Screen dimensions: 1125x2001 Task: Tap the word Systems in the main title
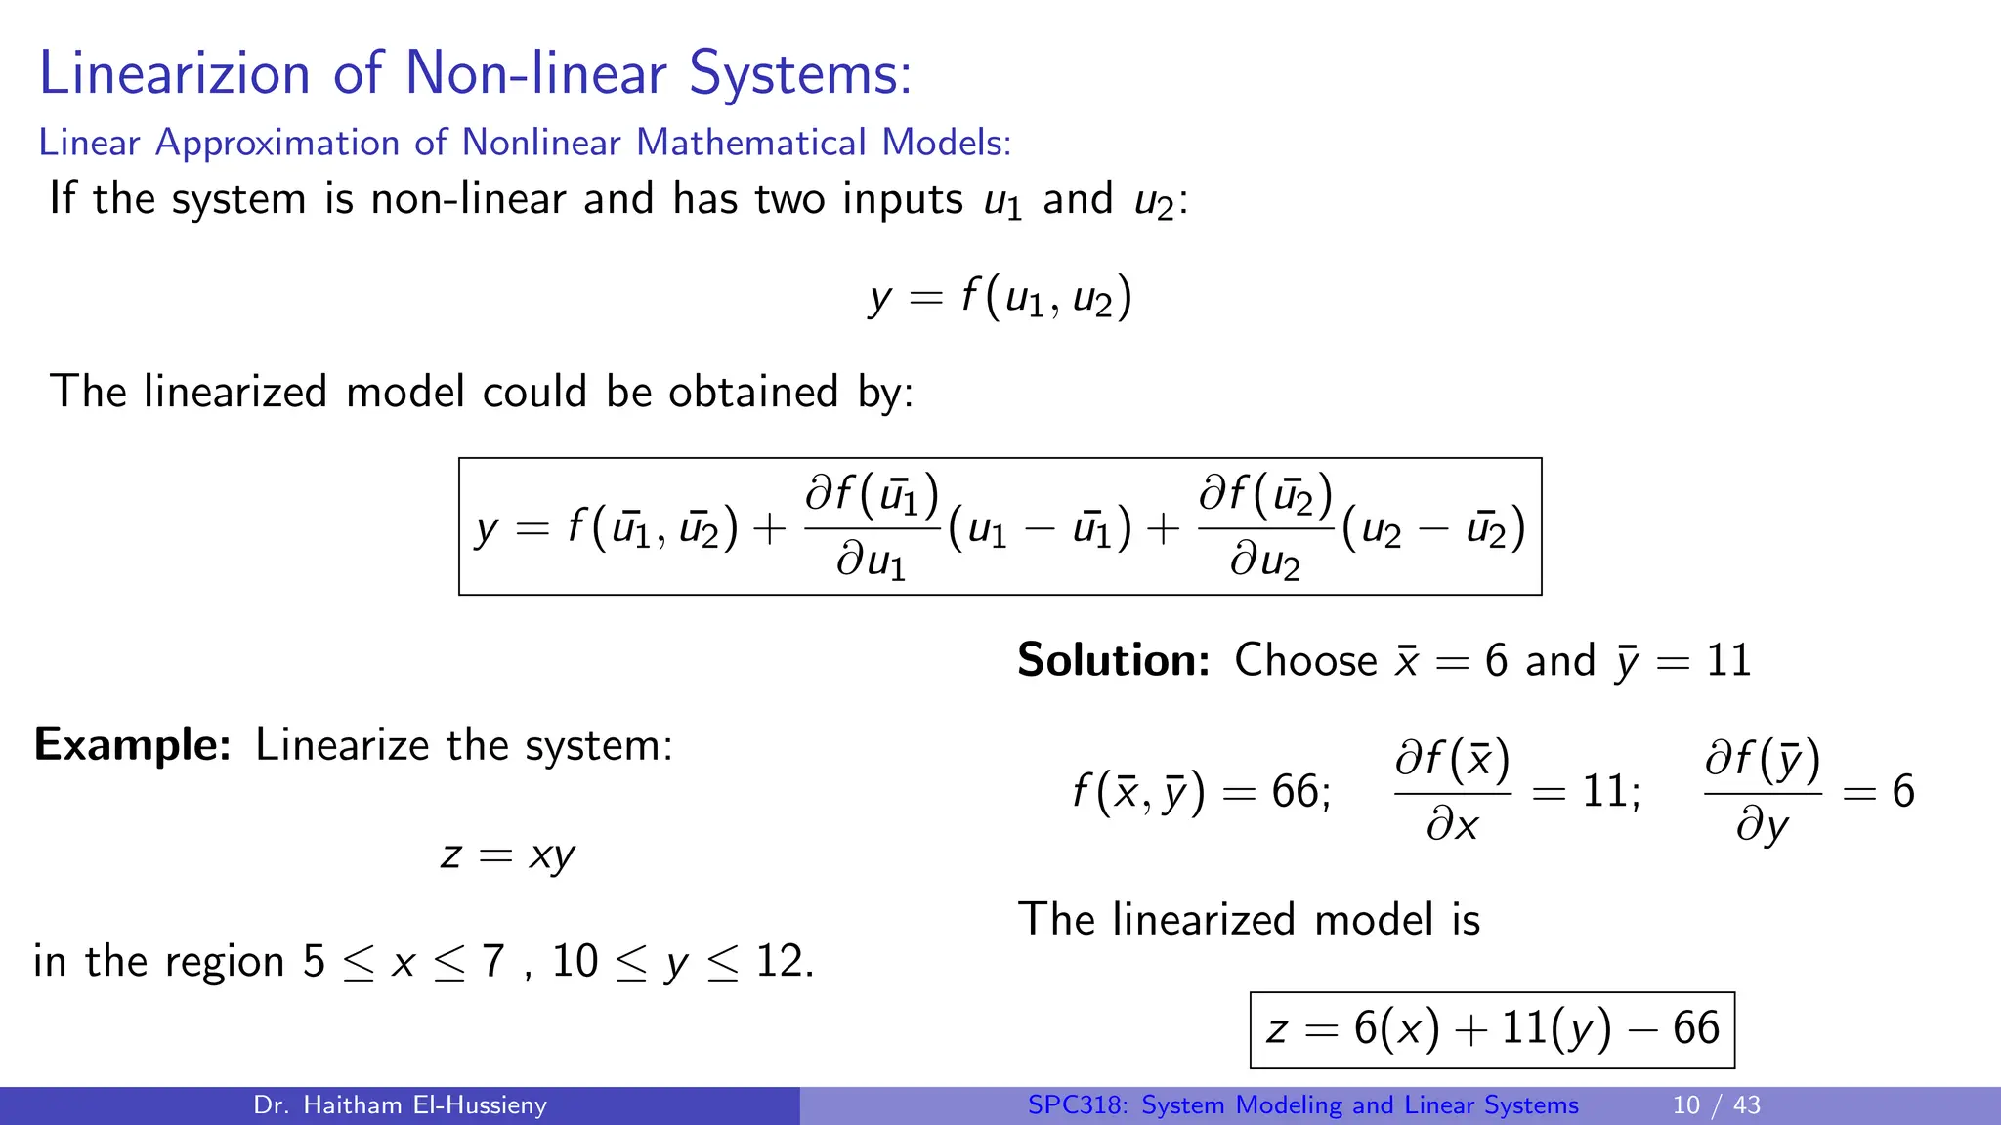point(799,73)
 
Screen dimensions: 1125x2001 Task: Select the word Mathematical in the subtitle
point(751,143)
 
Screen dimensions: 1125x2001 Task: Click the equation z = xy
point(508,855)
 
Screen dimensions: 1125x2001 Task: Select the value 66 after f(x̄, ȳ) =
point(1295,791)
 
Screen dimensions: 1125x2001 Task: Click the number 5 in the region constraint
point(314,961)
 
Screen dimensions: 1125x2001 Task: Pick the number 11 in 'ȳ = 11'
point(1728,661)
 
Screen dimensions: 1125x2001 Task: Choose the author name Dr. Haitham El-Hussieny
point(400,1105)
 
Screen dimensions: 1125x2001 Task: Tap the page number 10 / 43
point(1716,1105)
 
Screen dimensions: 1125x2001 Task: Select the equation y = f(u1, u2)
point(1000,297)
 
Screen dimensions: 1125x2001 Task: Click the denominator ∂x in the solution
point(1452,826)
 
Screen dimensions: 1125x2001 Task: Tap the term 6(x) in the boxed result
point(1396,1029)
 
